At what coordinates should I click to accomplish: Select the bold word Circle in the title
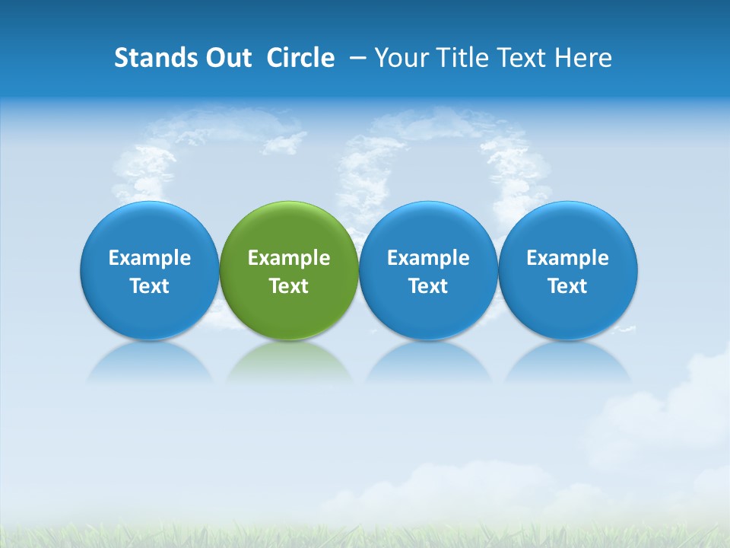[x=300, y=58]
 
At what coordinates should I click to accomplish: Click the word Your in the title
[x=401, y=58]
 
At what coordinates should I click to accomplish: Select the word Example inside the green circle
[x=289, y=258]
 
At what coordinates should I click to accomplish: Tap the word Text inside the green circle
[x=289, y=286]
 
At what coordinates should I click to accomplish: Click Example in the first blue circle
[x=150, y=258]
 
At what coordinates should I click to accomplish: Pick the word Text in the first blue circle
[x=150, y=286]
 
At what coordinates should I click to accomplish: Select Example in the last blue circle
[x=567, y=258]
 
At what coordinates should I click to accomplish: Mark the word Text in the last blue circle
[x=567, y=286]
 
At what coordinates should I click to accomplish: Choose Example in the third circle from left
[x=428, y=258]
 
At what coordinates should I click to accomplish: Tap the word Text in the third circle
[x=428, y=286]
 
